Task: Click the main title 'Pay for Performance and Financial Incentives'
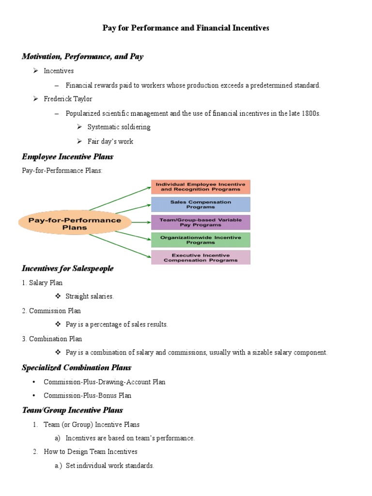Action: tap(186, 28)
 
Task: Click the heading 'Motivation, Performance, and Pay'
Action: tap(82, 57)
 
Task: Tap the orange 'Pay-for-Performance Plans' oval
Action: tap(75, 223)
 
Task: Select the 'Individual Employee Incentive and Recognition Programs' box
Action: tap(201, 187)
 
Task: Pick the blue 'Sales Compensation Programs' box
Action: tap(201, 204)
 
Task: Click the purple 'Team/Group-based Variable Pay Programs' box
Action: tap(201, 222)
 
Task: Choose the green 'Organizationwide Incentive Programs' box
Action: tap(201, 240)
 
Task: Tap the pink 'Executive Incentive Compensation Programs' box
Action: tap(201, 257)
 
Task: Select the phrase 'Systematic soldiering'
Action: tap(119, 127)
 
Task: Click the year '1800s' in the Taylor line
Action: tap(310, 113)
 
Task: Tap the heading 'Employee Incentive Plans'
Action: tap(67, 157)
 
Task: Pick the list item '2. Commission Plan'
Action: tap(51, 311)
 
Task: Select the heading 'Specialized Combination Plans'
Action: tap(77, 368)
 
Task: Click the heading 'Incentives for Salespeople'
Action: tap(67, 268)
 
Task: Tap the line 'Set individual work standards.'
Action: tap(110, 465)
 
